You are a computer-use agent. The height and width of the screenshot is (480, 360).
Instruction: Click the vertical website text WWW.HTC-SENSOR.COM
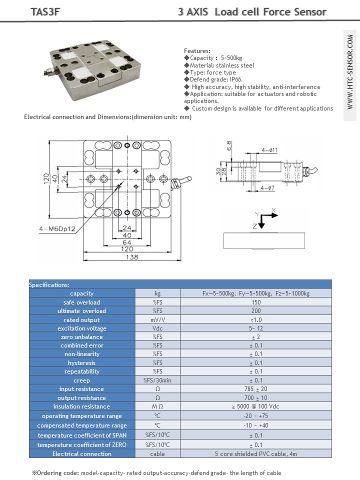pos(350,73)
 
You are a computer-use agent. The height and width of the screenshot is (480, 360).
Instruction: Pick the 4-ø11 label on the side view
pos(269,149)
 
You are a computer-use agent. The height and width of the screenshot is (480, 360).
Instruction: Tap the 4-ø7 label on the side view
pos(268,188)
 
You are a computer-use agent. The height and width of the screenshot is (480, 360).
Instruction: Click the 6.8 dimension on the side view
pos(229,145)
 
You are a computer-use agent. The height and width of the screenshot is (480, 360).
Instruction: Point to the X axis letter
pos(273,210)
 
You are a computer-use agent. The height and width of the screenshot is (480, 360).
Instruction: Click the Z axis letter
pos(254,226)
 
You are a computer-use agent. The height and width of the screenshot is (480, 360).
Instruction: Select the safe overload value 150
pos(255,302)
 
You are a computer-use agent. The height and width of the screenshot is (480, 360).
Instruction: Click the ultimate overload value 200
pos(255,311)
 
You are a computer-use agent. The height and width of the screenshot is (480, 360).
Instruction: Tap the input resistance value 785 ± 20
pos(255,389)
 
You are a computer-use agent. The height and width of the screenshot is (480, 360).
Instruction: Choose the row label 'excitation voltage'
pos(82,328)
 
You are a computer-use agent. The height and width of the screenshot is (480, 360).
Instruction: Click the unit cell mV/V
pos(157,319)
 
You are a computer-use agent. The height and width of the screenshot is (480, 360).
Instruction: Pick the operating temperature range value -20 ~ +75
pos(255,416)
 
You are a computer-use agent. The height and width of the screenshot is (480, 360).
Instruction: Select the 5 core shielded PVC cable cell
pos(255,454)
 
